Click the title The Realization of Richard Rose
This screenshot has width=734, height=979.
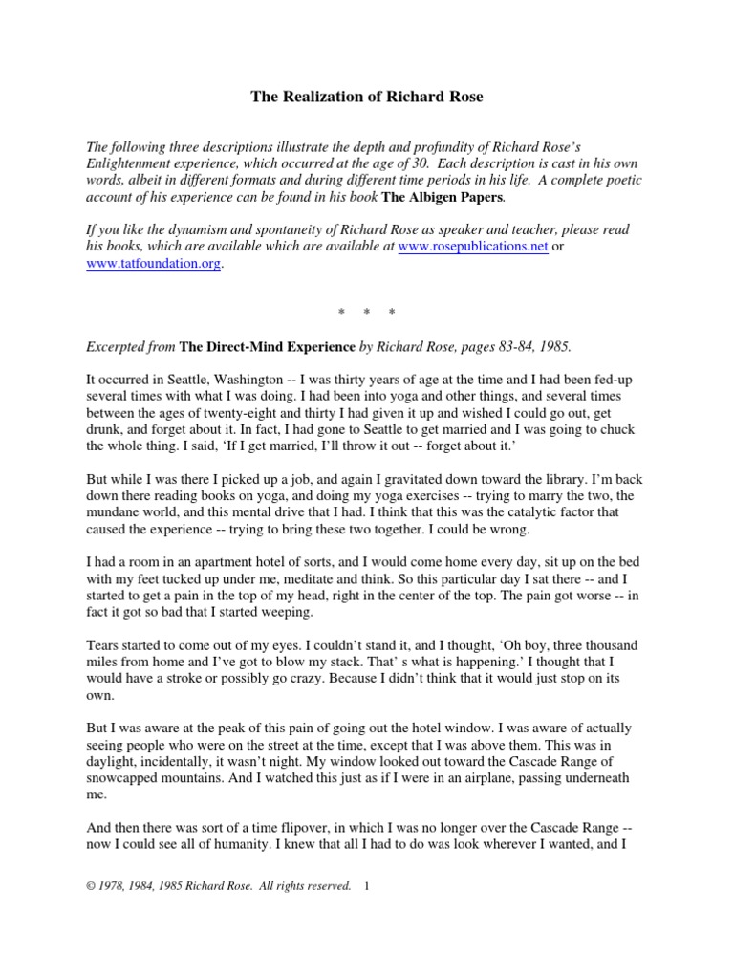(x=367, y=96)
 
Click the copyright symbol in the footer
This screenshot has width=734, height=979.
(x=90, y=886)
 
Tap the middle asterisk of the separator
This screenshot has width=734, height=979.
(x=367, y=314)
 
